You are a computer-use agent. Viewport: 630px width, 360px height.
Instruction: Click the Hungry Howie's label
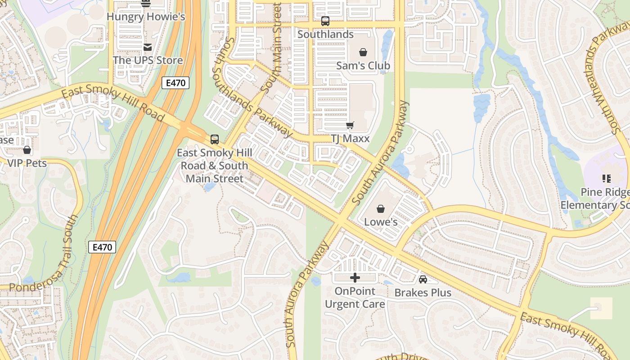point(146,17)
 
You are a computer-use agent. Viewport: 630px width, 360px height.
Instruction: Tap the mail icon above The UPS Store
point(147,47)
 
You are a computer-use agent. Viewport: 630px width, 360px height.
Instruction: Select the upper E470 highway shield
point(175,83)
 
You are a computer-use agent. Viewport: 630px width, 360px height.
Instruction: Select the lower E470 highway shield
point(102,247)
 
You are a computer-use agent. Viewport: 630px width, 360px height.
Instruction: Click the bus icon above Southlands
point(325,21)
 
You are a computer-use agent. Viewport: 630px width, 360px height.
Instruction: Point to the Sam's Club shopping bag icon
point(363,53)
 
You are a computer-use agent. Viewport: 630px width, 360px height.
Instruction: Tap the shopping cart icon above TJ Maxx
point(350,126)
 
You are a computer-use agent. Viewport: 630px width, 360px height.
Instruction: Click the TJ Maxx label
point(350,139)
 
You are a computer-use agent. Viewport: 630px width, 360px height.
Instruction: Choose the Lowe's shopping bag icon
point(381,209)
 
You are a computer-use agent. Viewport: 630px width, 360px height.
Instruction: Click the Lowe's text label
point(381,222)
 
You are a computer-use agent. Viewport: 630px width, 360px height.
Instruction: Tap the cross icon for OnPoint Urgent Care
point(355,278)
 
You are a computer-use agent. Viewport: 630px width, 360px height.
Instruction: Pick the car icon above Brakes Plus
point(423,279)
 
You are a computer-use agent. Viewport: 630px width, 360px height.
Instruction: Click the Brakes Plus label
point(423,292)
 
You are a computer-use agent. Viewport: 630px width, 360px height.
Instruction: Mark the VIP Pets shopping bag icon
point(27,150)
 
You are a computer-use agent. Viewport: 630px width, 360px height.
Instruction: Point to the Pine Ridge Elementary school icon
point(607,179)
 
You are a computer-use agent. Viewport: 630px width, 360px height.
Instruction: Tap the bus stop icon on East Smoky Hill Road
point(215,139)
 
